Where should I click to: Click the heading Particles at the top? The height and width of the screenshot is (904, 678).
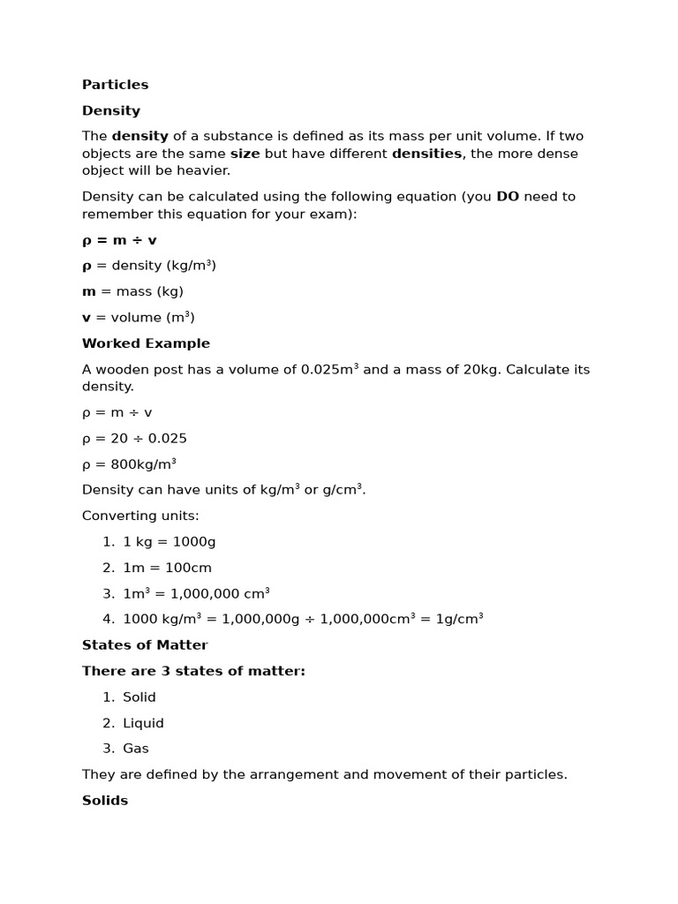[115, 85]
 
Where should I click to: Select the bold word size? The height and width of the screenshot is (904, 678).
[245, 154]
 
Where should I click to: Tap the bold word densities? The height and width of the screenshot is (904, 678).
[426, 154]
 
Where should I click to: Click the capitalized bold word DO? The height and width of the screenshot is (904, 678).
[508, 196]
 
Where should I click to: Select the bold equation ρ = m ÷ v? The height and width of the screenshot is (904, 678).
[119, 240]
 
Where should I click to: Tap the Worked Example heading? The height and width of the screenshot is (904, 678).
[146, 343]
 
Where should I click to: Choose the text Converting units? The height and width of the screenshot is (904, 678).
[140, 516]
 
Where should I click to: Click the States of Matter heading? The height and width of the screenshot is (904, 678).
[145, 645]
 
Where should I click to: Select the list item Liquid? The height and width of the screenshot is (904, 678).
[143, 723]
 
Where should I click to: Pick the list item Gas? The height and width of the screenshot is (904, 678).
[136, 749]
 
